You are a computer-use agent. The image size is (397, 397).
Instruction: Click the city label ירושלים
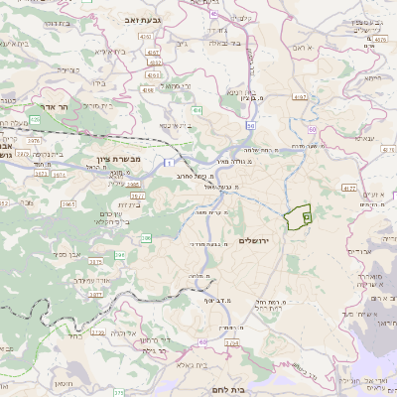click(262, 240)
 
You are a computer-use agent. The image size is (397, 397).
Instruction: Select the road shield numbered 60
click(251, 127)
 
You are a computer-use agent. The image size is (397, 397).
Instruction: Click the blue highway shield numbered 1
click(170, 162)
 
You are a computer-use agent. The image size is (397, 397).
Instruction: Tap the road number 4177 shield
click(348, 187)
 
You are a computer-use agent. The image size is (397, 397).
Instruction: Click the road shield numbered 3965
click(68, 204)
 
